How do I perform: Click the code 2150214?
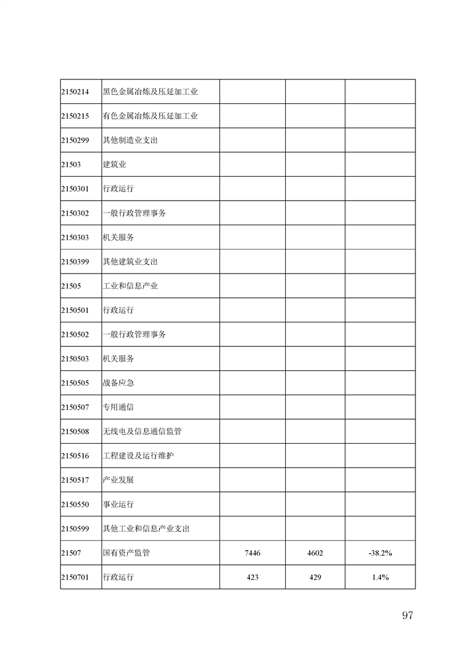(x=75, y=92)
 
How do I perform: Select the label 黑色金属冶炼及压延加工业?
(x=150, y=92)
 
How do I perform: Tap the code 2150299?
(x=75, y=140)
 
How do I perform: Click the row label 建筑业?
(x=114, y=165)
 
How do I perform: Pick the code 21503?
(x=71, y=165)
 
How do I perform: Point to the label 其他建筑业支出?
(x=130, y=262)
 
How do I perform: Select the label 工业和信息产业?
(x=130, y=286)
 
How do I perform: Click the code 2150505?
(x=75, y=383)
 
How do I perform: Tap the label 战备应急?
(x=118, y=383)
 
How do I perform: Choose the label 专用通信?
(x=118, y=407)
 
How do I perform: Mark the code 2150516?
(x=75, y=456)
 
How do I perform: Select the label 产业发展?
(x=118, y=480)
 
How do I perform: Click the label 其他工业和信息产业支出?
(x=146, y=528)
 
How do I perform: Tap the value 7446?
(x=252, y=553)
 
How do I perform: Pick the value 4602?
(x=315, y=553)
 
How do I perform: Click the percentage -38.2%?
(x=380, y=553)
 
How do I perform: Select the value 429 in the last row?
(x=315, y=577)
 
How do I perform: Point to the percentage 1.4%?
(x=380, y=577)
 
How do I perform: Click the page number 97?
(x=407, y=616)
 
